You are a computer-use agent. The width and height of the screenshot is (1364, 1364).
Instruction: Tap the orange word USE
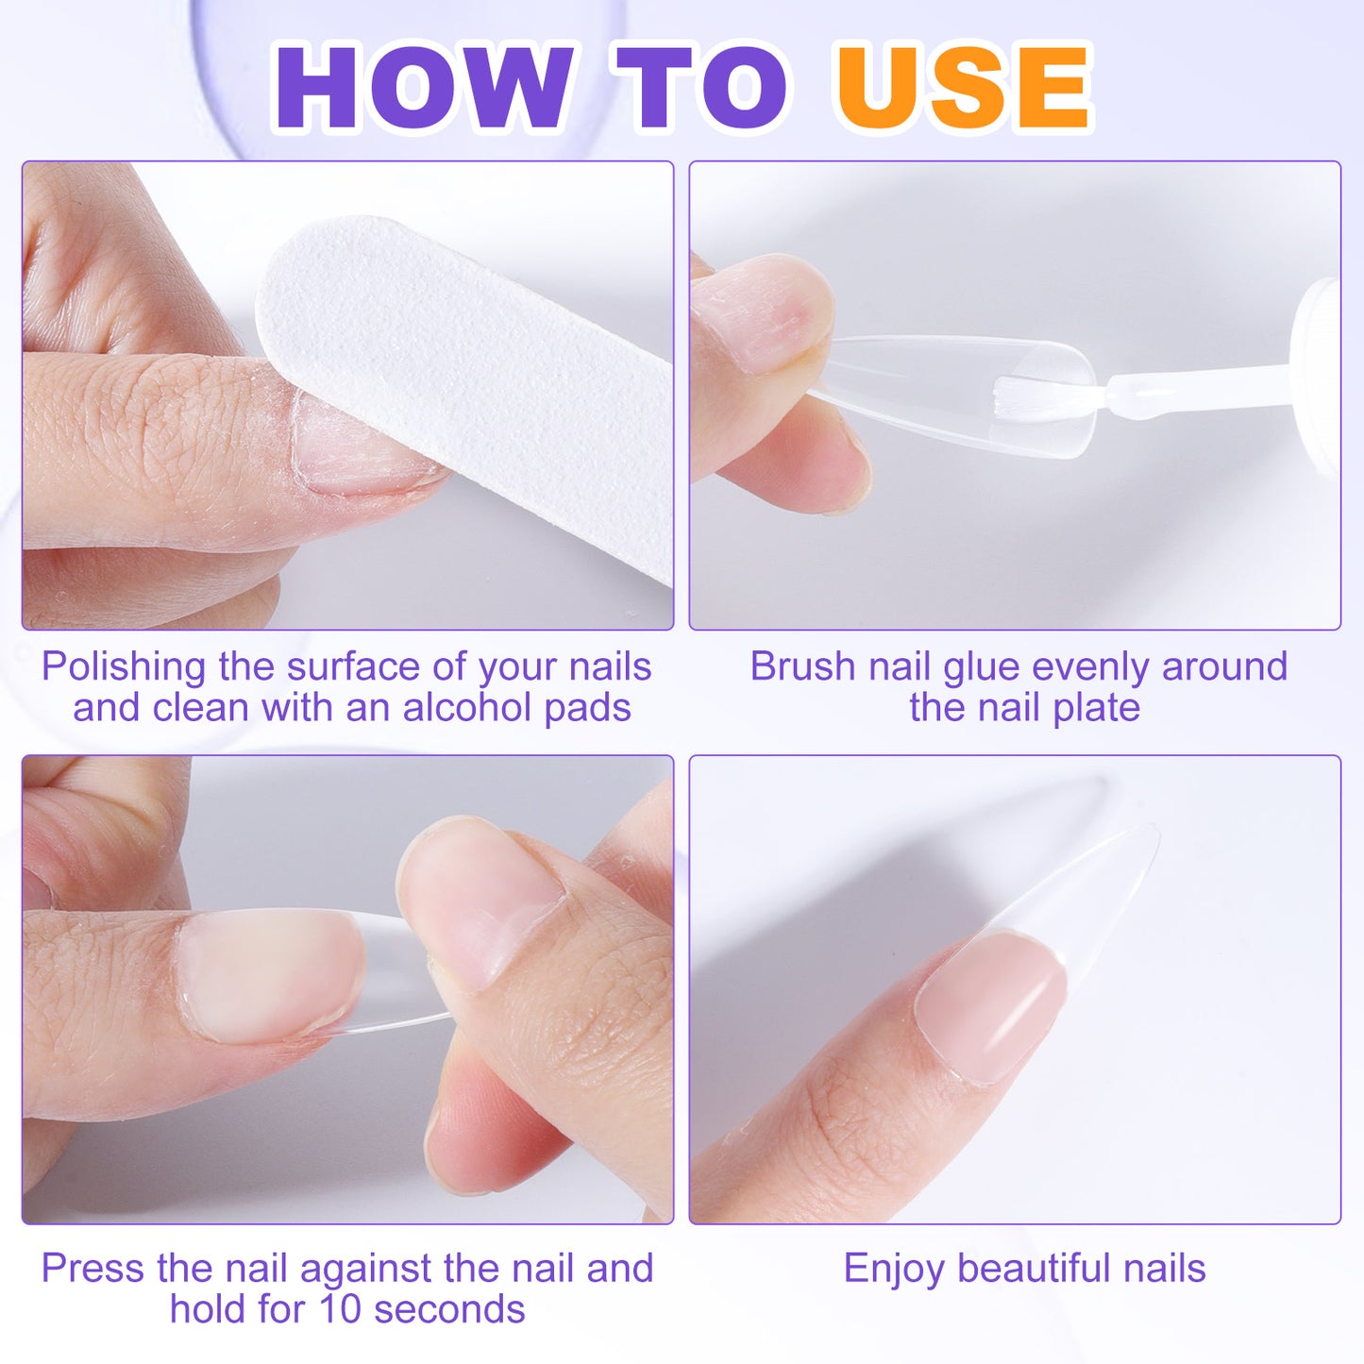[963, 87]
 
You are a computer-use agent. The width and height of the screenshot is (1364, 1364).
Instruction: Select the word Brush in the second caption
[803, 666]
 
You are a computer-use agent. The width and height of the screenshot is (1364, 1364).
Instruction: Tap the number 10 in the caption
[340, 1310]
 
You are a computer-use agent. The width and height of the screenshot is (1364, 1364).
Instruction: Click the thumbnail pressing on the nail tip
[481, 897]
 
